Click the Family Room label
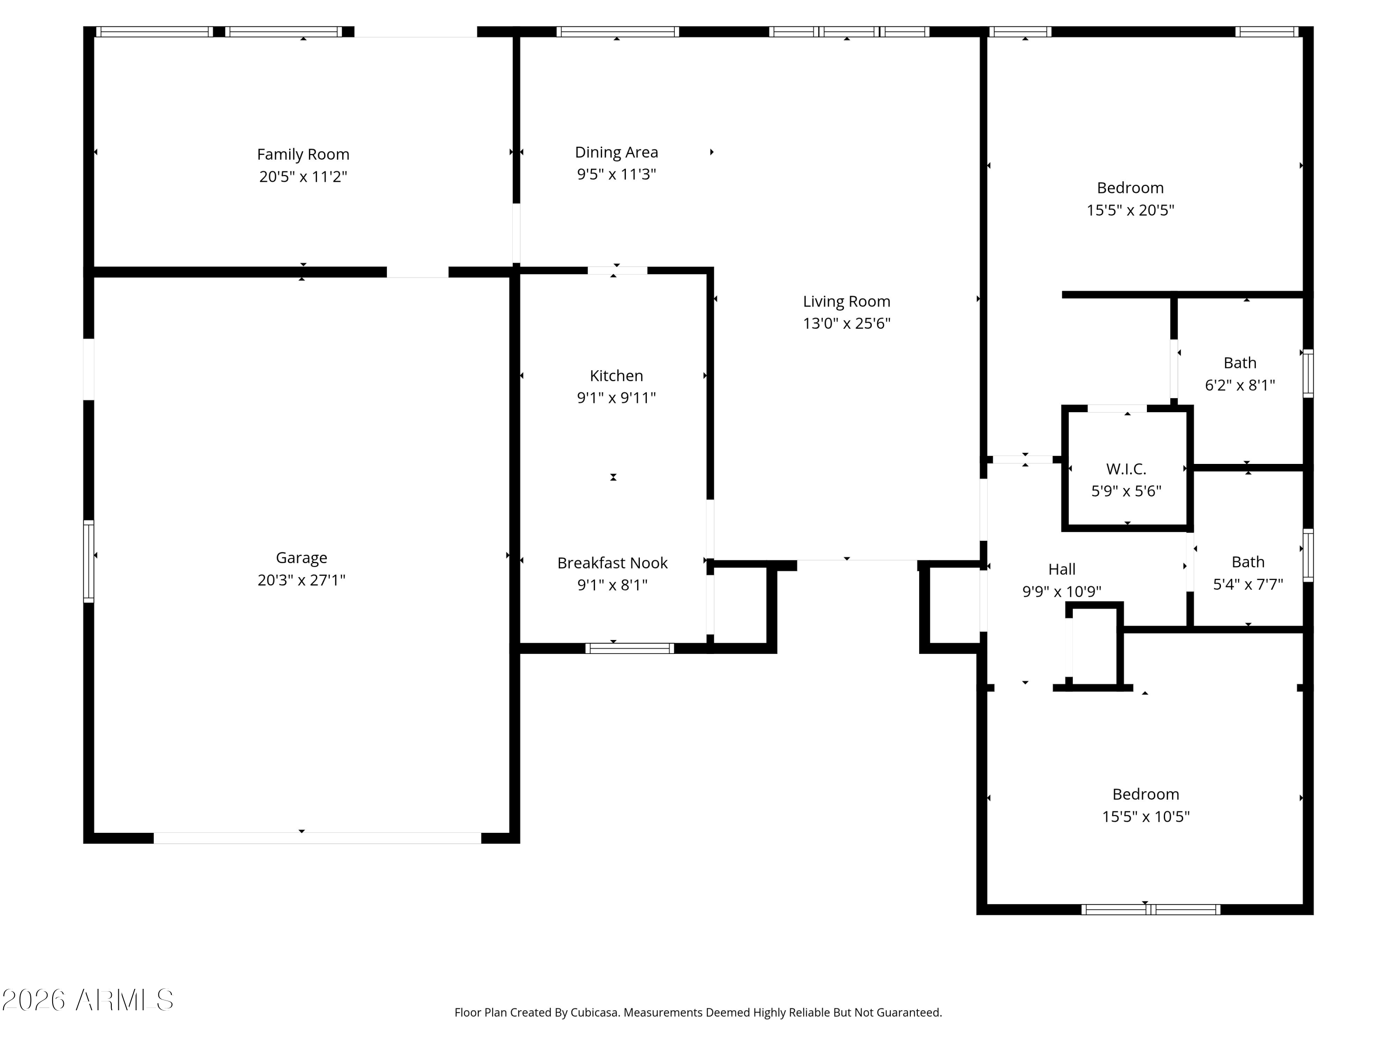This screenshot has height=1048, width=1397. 303,154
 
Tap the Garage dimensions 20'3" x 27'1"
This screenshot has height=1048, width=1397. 301,580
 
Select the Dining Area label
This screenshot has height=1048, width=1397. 617,152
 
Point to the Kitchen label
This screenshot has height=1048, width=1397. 617,376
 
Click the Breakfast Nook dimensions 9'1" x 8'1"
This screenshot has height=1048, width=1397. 613,585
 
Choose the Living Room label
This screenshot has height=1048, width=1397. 846,301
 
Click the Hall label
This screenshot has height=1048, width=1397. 1062,569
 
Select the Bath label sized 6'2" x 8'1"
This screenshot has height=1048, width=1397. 1240,363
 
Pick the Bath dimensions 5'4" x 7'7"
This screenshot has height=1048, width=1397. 1248,585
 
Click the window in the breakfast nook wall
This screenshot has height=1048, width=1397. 630,648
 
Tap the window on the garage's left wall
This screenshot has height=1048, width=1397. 89,561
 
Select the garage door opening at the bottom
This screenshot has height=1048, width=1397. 317,838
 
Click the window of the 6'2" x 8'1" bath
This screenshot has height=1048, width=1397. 1308,374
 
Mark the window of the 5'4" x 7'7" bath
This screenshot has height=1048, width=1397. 1308,555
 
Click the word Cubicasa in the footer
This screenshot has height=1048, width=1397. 594,1013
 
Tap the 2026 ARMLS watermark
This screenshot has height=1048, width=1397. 88,1000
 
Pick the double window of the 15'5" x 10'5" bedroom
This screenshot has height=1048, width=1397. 1151,910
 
